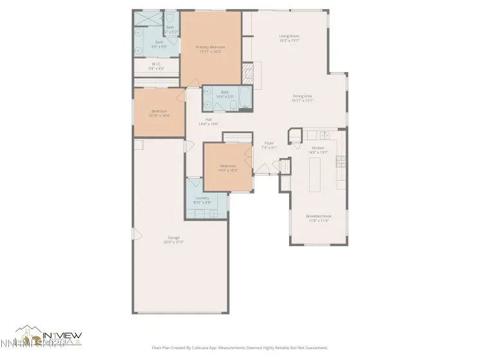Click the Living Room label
[x=289, y=36]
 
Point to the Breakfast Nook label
[x=317, y=216]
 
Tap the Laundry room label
[x=202, y=198]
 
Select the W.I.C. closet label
[x=157, y=64]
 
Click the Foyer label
[x=269, y=143]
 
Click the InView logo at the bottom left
[x=48, y=337]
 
